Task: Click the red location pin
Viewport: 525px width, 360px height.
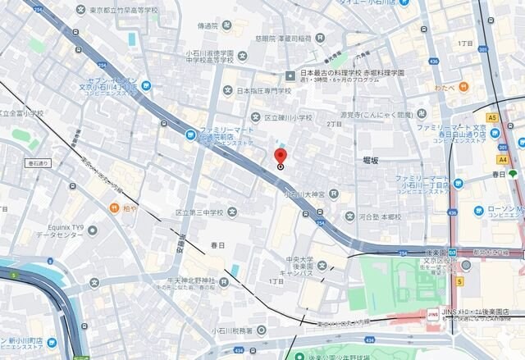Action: click(x=281, y=156)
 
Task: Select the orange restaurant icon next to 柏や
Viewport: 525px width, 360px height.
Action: click(x=114, y=207)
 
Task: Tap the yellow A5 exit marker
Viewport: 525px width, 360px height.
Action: click(x=491, y=117)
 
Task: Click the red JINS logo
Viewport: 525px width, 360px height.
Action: click(x=432, y=312)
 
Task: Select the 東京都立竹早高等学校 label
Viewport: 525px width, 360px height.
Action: click(x=124, y=10)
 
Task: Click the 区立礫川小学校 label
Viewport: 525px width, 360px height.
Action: click(x=285, y=117)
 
